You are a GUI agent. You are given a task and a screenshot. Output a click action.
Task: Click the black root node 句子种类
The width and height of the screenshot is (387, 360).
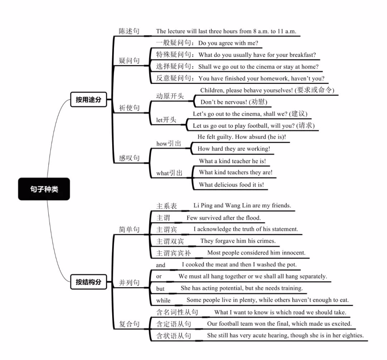tap(44, 189)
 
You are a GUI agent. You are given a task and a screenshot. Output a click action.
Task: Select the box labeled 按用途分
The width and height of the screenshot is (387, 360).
tap(89, 100)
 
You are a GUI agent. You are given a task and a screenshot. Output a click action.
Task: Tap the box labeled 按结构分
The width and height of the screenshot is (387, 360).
tap(89, 282)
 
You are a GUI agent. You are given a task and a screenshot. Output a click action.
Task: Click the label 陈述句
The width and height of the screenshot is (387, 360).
tap(129, 31)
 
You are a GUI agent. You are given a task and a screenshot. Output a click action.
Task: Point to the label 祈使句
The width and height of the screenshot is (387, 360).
tap(129, 107)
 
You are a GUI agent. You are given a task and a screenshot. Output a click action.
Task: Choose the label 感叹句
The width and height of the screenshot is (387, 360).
tap(129, 158)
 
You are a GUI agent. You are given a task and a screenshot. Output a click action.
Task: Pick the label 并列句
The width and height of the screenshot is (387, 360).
tap(129, 283)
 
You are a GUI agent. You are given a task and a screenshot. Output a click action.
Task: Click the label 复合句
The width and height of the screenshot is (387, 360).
tap(129, 324)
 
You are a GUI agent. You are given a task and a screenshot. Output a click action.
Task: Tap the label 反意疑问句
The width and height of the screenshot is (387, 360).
tap(174, 78)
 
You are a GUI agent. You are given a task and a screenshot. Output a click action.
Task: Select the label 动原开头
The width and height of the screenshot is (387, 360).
tap(170, 96)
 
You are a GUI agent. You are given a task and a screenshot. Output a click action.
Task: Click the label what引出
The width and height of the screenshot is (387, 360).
tap(169, 173)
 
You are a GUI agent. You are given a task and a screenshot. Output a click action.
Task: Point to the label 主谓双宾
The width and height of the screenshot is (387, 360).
tap(170, 241)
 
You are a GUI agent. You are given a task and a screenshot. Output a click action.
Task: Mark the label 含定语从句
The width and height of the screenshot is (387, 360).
tap(173, 324)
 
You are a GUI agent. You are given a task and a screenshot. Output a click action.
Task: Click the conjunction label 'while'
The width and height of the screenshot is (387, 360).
tap(163, 301)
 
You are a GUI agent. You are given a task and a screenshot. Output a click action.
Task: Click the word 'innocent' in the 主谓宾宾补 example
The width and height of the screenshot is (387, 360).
tap(293, 253)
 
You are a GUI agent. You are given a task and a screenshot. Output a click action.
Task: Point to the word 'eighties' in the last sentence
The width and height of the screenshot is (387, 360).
tap(353, 336)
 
